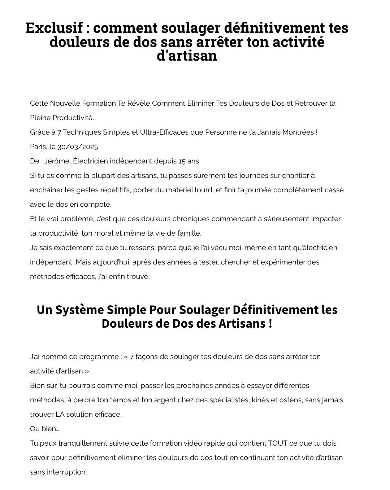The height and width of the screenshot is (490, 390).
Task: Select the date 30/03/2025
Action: coord(78,146)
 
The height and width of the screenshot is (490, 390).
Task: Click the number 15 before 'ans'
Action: coord(182,161)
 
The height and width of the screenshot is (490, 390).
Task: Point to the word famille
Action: coord(189,233)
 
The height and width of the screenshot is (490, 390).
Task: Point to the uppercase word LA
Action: coord(60,414)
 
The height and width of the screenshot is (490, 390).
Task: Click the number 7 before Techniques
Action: coord(59,132)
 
